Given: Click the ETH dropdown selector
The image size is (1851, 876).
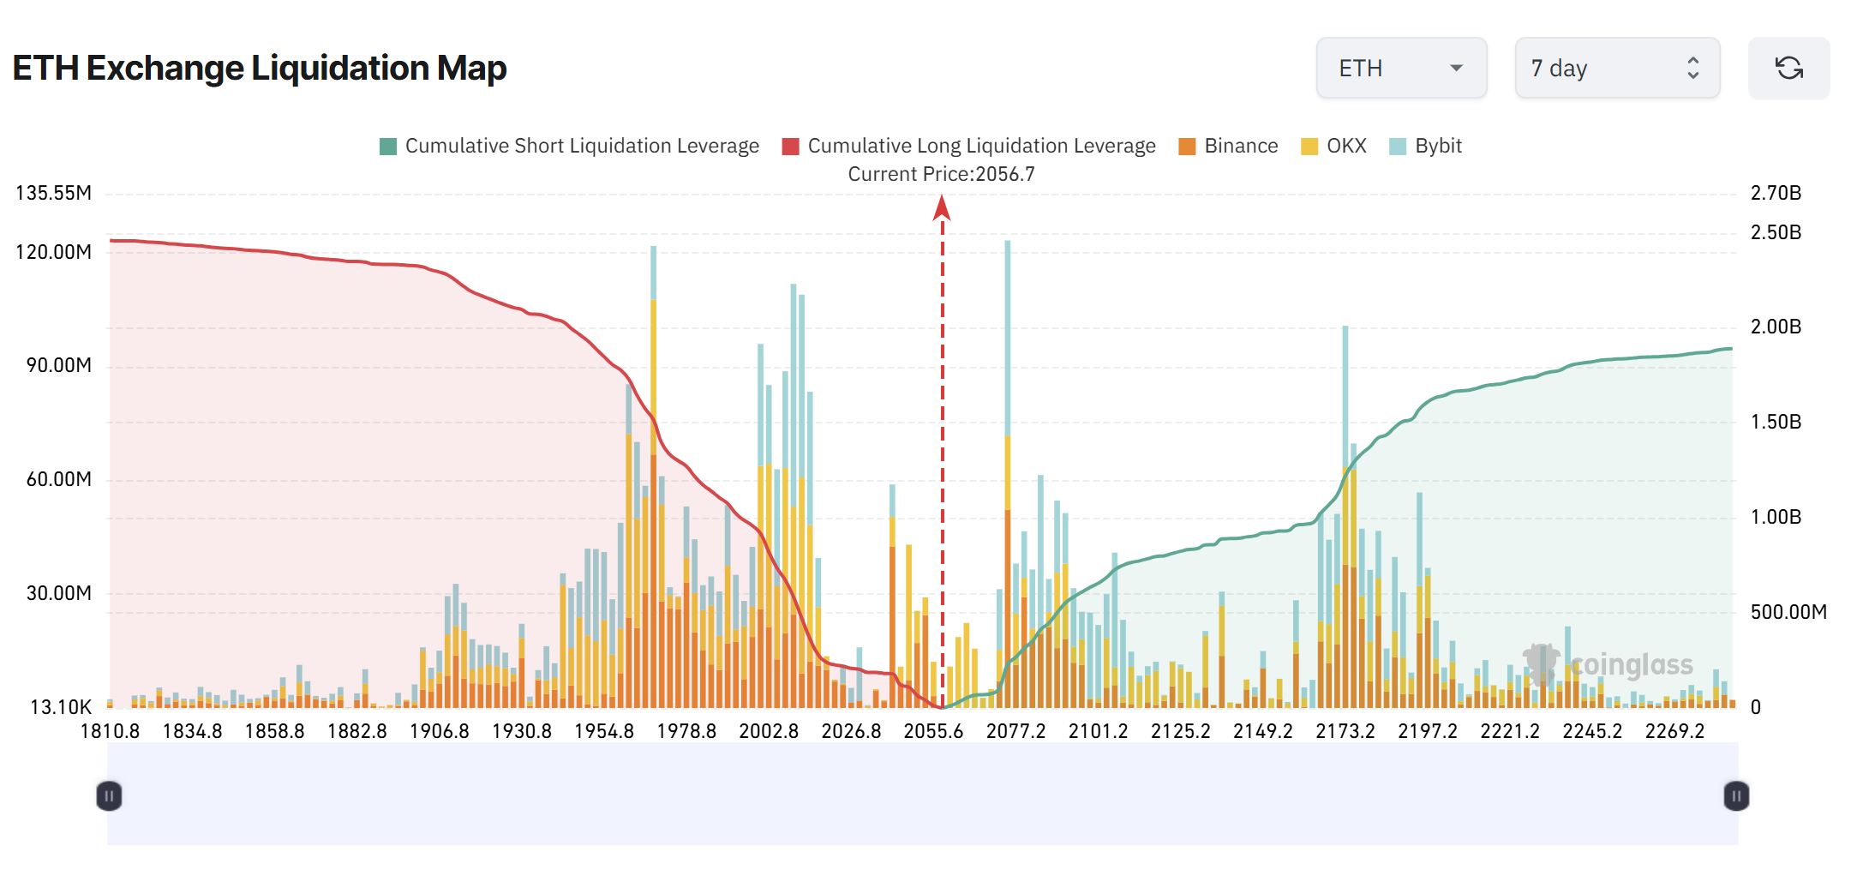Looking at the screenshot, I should coord(1401,68).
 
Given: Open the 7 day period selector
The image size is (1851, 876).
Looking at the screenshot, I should coord(1616,68).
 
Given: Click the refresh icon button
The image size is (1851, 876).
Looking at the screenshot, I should coord(1788,68).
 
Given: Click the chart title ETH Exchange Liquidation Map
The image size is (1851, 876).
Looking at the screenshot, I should coord(260,68).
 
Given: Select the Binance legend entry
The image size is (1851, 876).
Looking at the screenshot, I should coord(1228,146).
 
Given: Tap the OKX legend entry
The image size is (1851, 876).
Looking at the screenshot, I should coord(1333,146).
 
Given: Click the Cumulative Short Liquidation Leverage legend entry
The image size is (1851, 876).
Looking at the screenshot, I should coord(569,146).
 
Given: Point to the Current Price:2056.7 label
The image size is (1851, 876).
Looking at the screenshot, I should coord(941,174).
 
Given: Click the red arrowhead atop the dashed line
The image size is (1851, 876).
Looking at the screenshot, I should coord(942,207).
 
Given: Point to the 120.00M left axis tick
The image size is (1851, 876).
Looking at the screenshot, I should coord(53,252).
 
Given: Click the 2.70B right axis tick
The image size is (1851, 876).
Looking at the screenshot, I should coord(1776,193).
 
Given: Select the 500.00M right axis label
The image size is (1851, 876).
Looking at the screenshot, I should coord(1788,612).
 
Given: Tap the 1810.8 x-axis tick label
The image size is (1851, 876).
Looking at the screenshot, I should coord(110,731).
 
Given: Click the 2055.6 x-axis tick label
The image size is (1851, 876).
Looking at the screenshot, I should coord(933,731).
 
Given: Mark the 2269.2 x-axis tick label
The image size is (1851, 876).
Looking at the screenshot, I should coord(1674,731).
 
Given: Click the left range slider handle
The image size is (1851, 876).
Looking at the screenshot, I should coord(109,795).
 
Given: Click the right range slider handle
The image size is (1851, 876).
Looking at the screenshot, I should coord(1736,795).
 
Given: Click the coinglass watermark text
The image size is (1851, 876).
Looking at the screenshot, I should coord(1632,665).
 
